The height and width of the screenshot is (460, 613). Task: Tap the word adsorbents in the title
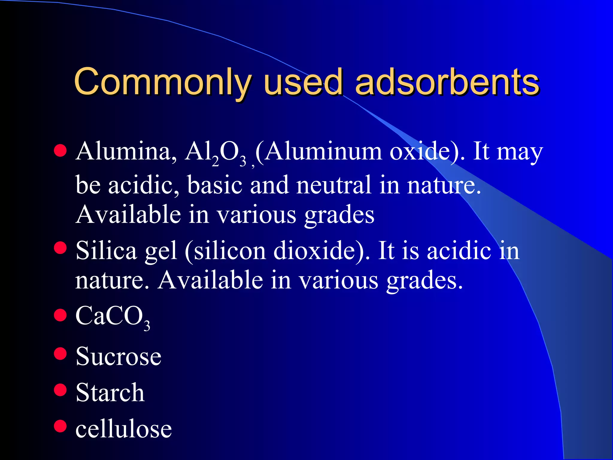pyautogui.click(x=447, y=81)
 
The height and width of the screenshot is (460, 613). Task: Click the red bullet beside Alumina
pyautogui.click(x=60, y=151)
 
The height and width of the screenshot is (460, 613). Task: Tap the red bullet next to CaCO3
pyautogui.click(x=60, y=315)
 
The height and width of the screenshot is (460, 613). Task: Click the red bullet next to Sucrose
pyautogui.click(x=60, y=353)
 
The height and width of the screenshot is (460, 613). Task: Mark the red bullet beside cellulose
pyautogui.click(x=60, y=426)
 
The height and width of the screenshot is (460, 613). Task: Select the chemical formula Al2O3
pyautogui.click(x=216, y=153)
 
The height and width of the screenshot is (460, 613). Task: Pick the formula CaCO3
pyautogui.click(x=113, y=317)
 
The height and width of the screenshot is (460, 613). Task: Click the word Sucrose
pyautogui.click(x=119, y=356)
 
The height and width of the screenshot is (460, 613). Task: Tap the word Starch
pyautogui.click(x=110, y=392)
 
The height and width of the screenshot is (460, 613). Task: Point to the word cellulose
pyautogui.click(x=124, y=429)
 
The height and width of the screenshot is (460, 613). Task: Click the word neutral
pyautogui.click(x=334, y=185)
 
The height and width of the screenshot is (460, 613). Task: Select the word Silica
pyautogui.click(x=106, y=250)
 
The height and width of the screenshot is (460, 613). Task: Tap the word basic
pyautogui.click(x=215, y=185)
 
